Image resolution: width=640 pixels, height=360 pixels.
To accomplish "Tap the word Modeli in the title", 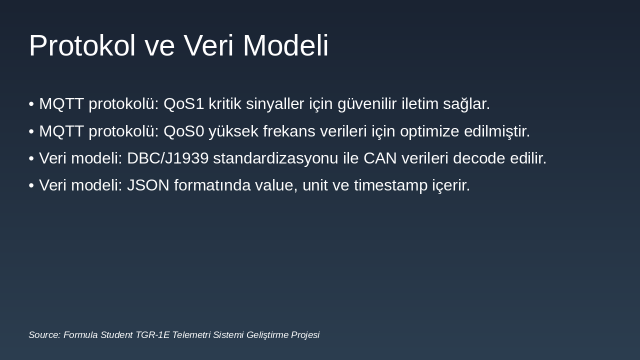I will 285,45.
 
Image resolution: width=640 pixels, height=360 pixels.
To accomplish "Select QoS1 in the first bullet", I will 184,104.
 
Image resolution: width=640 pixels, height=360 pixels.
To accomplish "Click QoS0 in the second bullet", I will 184,131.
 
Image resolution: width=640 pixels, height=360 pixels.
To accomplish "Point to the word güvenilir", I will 367,104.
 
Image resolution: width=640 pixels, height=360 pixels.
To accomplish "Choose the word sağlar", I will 466,104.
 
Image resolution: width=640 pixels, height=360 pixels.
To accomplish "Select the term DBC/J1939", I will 167,158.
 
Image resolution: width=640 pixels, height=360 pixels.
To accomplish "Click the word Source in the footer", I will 44,335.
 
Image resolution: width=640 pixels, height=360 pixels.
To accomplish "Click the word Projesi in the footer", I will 303,335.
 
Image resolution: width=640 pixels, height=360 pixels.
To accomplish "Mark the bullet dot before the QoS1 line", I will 31,104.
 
